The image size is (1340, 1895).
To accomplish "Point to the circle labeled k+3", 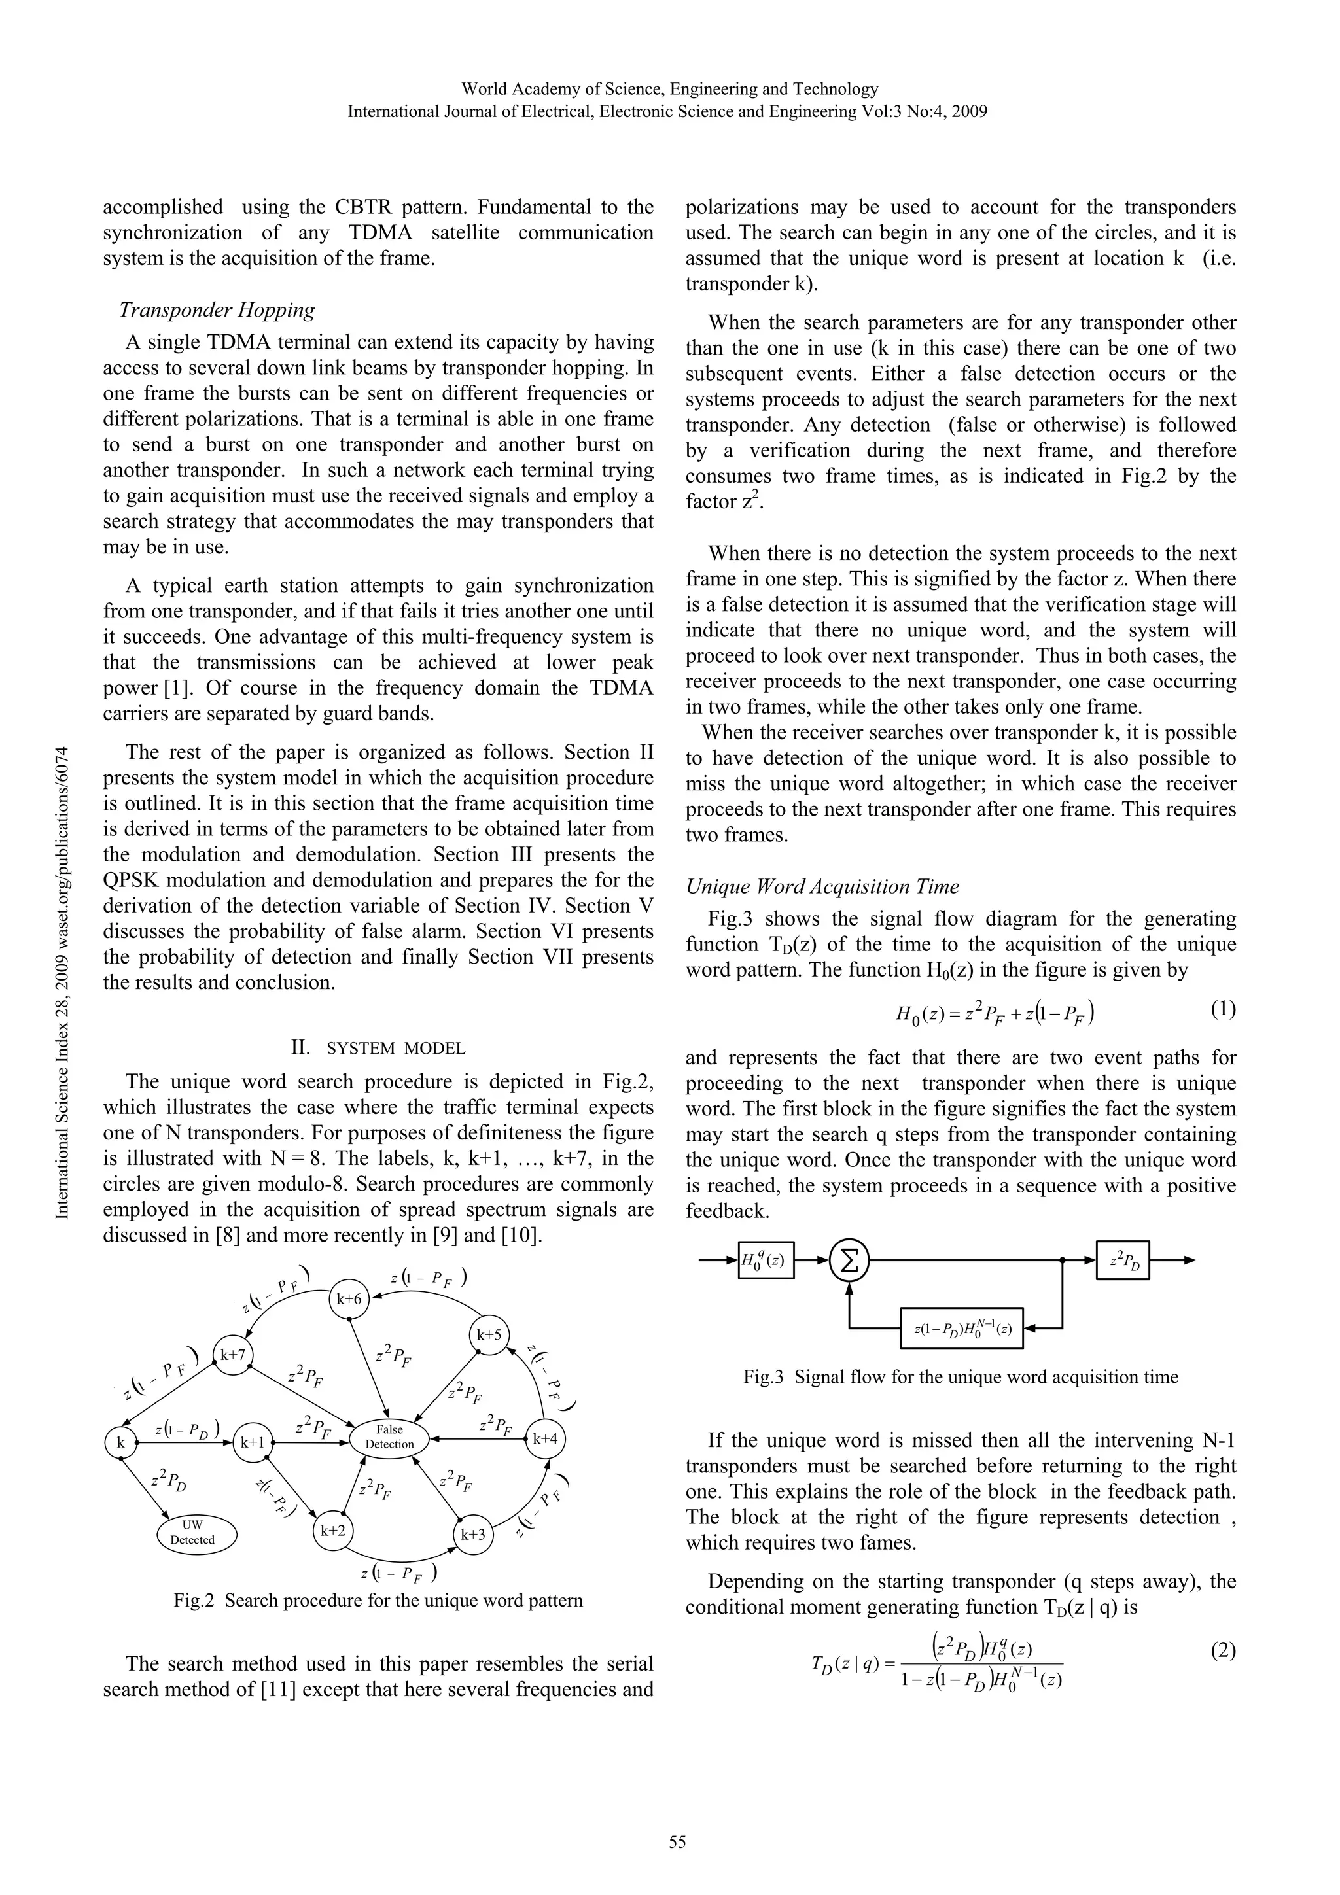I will point(473,1535).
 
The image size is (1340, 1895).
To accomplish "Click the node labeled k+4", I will point(545,1438).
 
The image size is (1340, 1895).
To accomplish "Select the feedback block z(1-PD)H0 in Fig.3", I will point(961,1328).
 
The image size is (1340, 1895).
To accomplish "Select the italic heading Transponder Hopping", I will point(217,309).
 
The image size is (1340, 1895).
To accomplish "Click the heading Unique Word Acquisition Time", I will point(822,886).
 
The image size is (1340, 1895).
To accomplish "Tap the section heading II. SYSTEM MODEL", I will point(378,1048).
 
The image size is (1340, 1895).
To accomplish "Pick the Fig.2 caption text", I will point(378,1601).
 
